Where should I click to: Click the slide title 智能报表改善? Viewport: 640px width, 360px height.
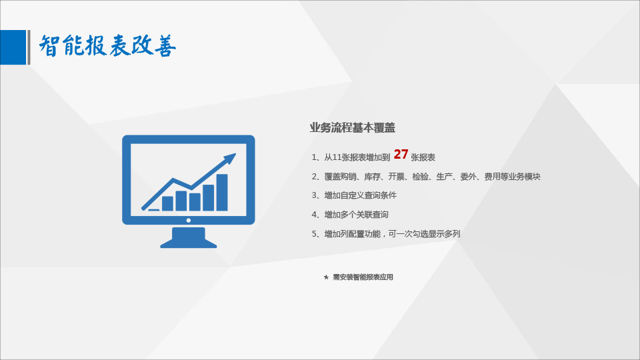tap(107, 46)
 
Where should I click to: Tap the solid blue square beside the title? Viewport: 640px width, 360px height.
tap(13, 47)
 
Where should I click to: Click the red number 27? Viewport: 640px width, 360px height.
tap(401, 154)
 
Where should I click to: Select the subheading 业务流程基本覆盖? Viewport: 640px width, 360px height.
tap(352, 128)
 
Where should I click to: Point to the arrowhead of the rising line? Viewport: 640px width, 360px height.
tap(230, 157)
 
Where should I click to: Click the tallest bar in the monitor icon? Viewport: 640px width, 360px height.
tap(222, 192)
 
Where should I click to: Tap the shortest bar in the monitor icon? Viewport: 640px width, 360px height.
tap(154, 210)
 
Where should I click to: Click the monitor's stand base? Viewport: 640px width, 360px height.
tap(189, 243)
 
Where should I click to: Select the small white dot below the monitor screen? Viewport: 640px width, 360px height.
tap(189, 221)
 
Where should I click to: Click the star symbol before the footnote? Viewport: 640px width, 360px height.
tap(326, 277)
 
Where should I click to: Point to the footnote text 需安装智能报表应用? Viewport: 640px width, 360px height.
tap(363, 277)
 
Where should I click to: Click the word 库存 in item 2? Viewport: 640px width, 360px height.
tap(372, 176)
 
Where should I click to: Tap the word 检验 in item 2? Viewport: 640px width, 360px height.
tap(421, 176)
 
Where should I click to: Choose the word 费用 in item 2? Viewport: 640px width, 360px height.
tap(492, 176)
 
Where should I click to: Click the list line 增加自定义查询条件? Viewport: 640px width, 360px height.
tap(361, 195)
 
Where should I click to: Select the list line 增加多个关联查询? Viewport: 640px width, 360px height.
tap(356, 215)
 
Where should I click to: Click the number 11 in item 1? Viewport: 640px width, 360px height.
tap(337, 157)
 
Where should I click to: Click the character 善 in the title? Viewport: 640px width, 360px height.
tap(165, 46)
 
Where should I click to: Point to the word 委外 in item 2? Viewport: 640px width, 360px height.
tap(468, 176)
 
